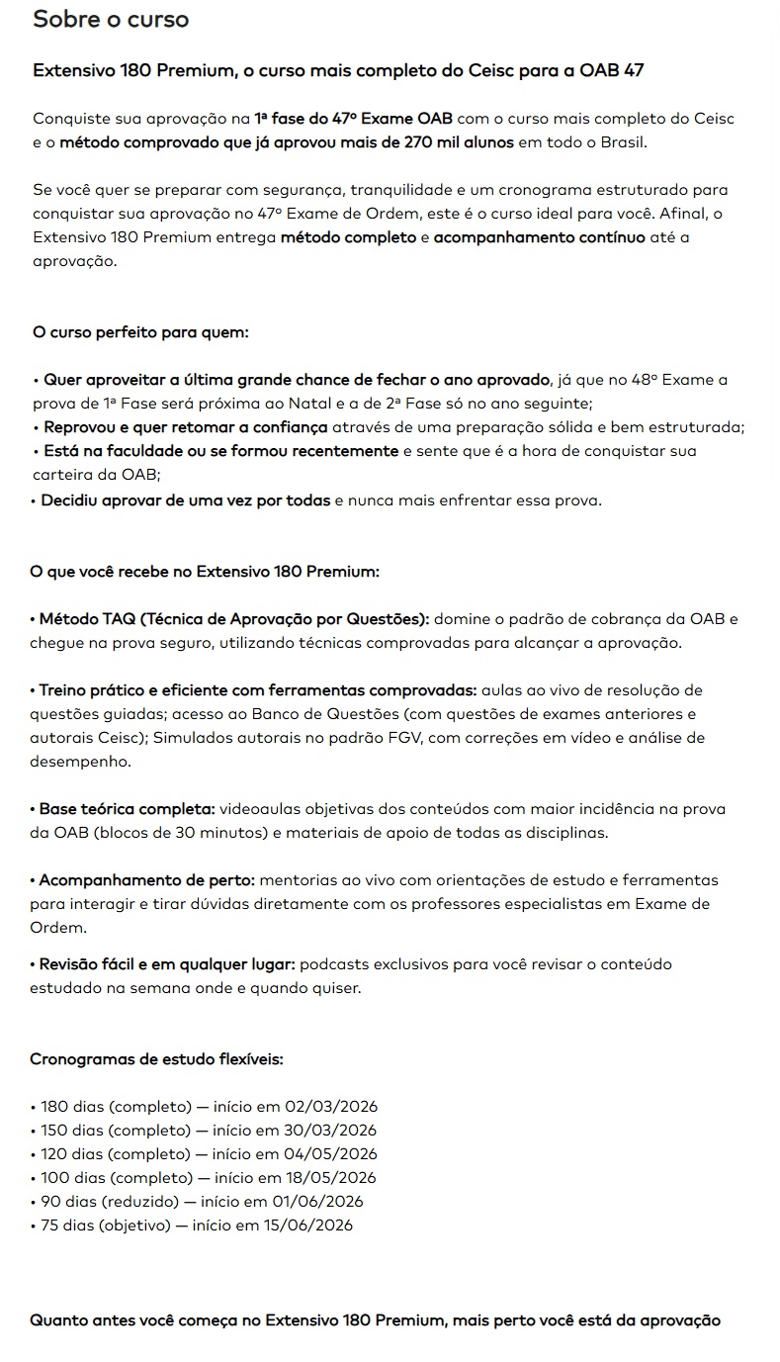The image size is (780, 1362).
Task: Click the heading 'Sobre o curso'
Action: click(111, 19)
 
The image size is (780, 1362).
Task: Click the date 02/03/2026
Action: click(331, 1106)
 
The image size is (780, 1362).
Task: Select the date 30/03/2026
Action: click(330, 1130)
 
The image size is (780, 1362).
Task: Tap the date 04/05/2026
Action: click(330, 1153)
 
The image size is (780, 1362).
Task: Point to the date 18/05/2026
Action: click(330, 1177)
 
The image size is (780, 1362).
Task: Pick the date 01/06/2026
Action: click(317, 1201)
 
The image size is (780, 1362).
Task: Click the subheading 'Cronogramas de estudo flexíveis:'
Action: click(157, 1058)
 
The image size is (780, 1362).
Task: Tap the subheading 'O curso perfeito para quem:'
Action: click(140, 331)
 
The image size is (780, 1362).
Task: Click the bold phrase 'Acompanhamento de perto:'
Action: click(147, 879)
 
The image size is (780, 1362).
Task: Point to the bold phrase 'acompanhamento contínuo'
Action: click(539, 237)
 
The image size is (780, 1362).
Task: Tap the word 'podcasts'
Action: click(330, 963)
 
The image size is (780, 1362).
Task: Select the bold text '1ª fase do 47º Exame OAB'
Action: click(353, 118)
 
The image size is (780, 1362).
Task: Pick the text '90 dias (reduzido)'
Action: click(109, 1201)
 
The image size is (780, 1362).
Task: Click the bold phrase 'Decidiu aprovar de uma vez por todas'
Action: click(186, 499)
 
